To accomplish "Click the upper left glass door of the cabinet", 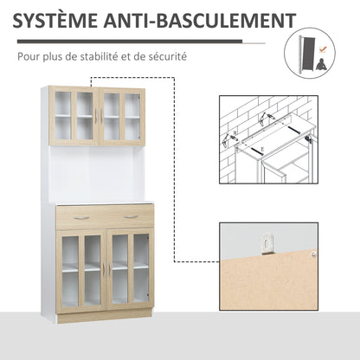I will [x=72, y=116].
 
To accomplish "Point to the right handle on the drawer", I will [x=131, y=216].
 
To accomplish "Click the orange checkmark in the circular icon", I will [x=323, y=48].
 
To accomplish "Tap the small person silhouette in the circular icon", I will [x=320, y=64].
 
